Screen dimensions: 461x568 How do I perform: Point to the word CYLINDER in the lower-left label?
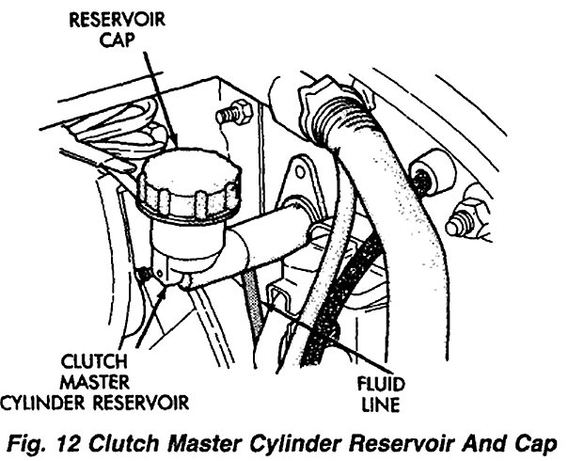tap(56, 403)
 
